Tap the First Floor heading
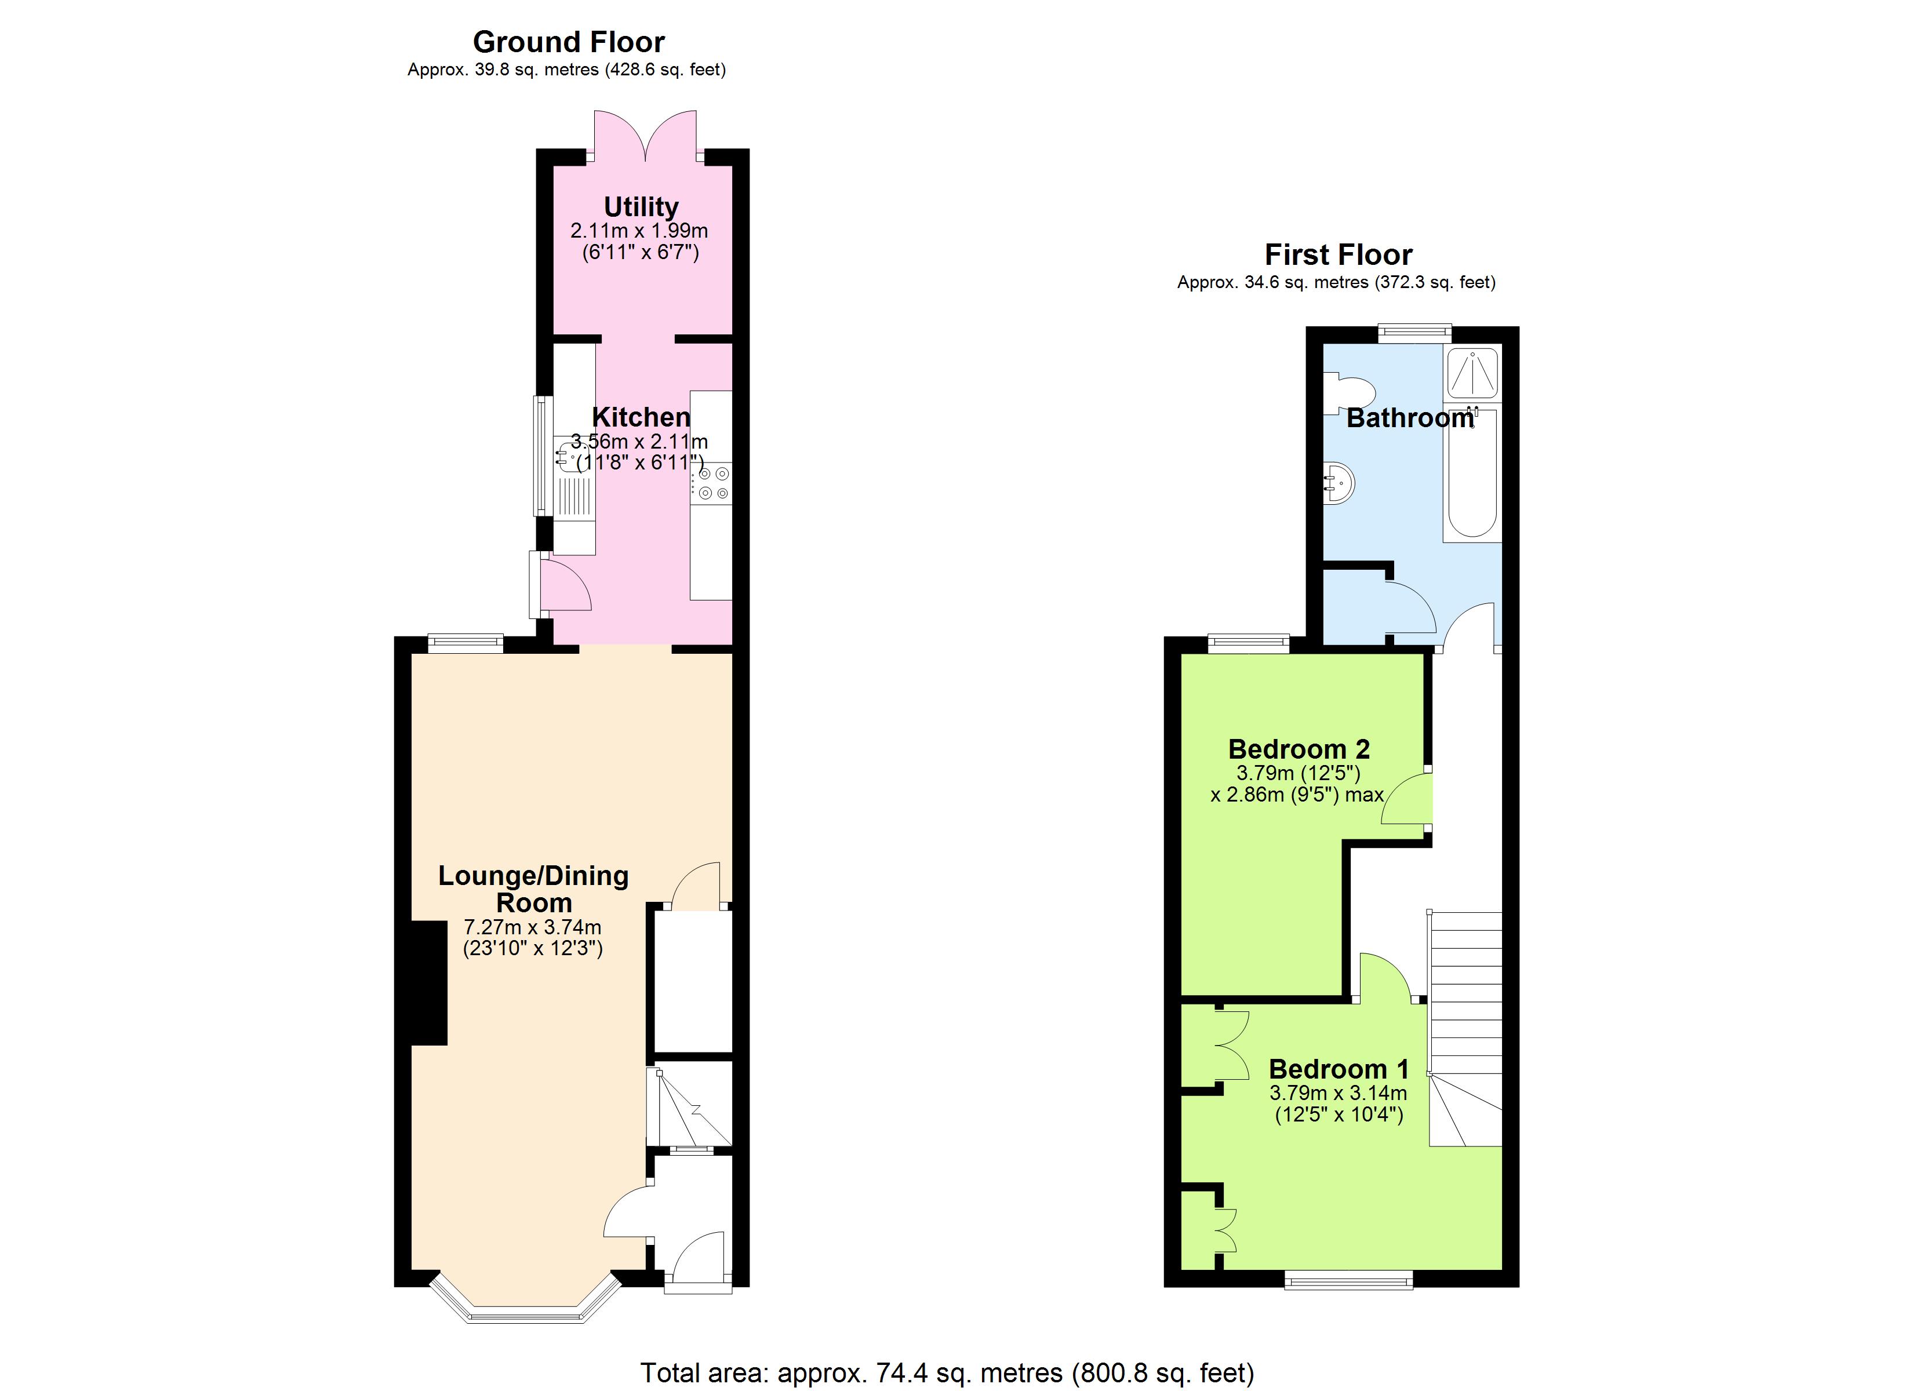click(x=1338, y=255)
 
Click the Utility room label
click(x=641, y=207)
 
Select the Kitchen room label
click(x=641, y=417)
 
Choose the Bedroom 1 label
click(x=1339, y=1069)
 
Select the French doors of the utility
click(x=645, y=135)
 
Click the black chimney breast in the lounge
click(x=430, y=984)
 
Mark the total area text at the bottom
click(x=947, y=1372)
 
